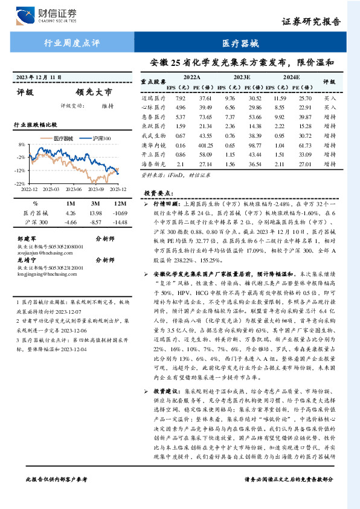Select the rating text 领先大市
94,93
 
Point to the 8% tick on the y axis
22,145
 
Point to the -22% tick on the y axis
20,183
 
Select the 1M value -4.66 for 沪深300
71,222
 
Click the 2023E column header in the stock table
242,77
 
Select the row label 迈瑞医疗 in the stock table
153,98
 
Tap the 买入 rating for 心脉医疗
330,107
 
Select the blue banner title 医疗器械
240,43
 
